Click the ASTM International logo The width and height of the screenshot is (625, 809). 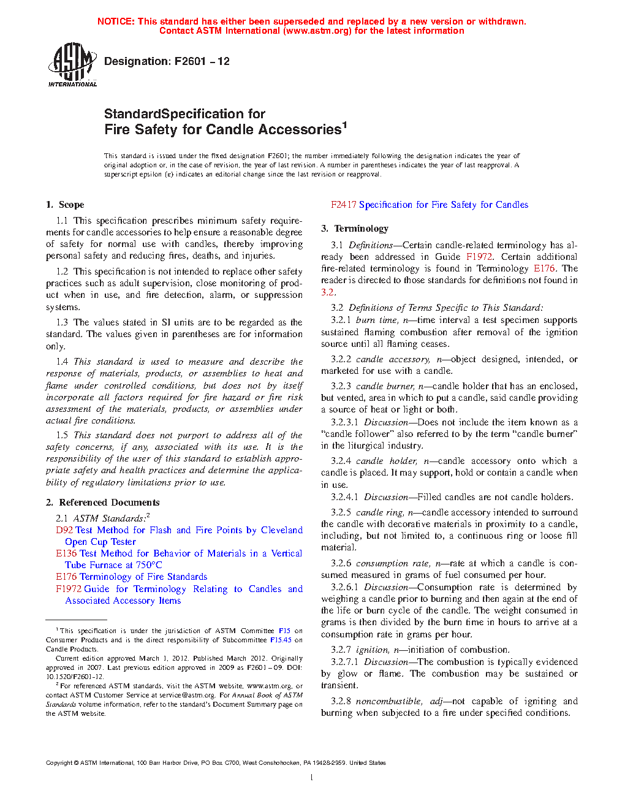tap(72, 64)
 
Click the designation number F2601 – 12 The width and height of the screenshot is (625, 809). tap(202, 61)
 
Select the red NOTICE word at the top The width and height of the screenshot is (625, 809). tap(115, 21)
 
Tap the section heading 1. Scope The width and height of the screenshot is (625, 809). tap(65, 205)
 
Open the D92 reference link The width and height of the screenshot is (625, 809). tap(64, 530)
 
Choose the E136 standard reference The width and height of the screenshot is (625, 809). tap(66, 553)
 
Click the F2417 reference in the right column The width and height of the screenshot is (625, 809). tap(343, 205)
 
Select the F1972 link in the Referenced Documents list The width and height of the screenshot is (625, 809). tap(69, 589)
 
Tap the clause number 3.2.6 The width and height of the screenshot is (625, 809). tap(341, 563)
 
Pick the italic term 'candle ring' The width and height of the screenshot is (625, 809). tap(379, 512)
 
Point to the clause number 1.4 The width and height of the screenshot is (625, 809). tap(62, 362)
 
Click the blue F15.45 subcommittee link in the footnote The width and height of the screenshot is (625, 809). tap(281, 640)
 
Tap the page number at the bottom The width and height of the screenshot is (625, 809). tap(312, 778)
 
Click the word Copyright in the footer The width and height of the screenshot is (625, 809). tap(59, 763)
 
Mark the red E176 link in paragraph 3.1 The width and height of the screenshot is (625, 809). tap(544, 268)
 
